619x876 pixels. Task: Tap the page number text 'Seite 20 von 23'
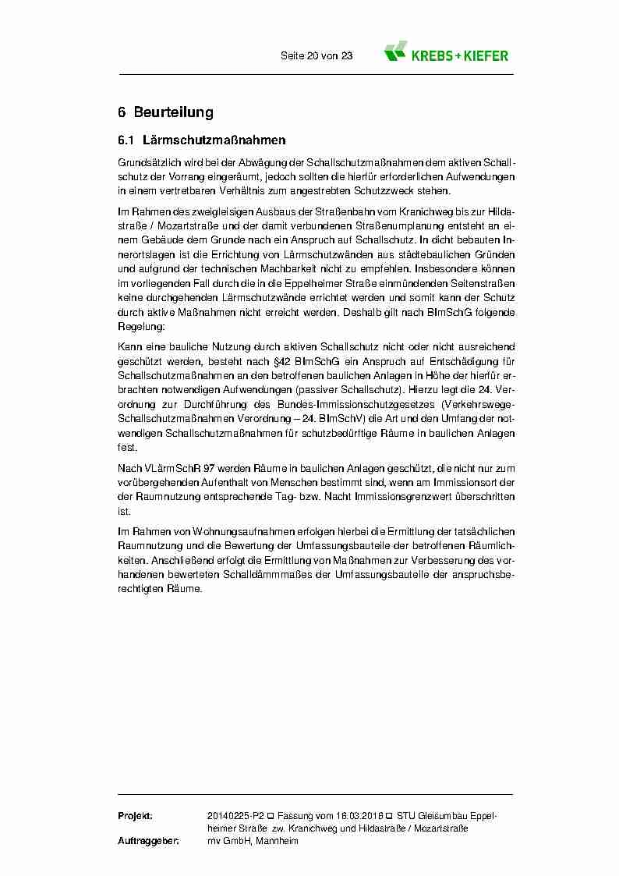pyautogui.click(x=317, y=56)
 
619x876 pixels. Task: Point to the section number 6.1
pyautogui.click(x=127, y=141)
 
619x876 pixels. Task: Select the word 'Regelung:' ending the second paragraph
pyautogui.click(x=137, y=328)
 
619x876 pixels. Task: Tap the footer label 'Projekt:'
pyautogui.click(x=135, y=815)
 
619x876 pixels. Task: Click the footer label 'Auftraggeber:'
pyautogui.click(x=148, y=841)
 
